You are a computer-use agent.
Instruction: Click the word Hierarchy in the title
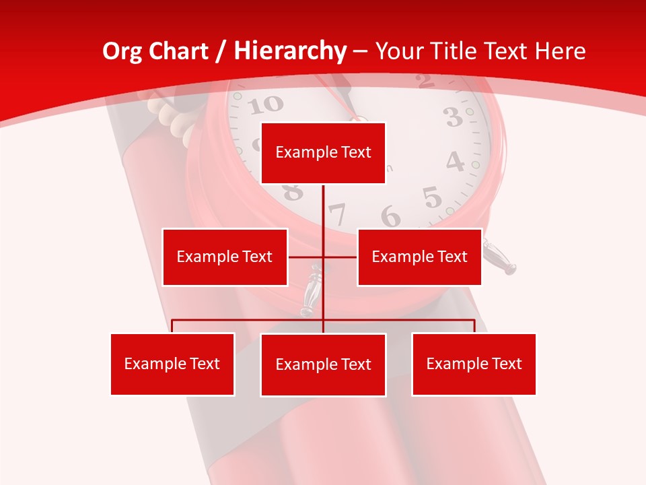(290, 51)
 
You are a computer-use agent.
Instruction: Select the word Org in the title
(122, 51)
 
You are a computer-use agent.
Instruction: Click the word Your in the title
(397, 51)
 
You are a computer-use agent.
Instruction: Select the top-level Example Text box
(323, 153)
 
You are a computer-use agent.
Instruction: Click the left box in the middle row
(225, 257)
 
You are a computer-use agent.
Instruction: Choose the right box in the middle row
(419, 257)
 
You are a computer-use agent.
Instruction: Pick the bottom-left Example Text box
(172, 364)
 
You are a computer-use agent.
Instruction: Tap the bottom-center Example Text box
(323, 364)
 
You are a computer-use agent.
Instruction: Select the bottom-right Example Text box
(474, 364)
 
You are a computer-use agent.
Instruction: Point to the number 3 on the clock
(454, 118)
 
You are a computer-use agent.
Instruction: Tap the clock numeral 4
(456, 162)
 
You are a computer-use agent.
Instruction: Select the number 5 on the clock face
(432, 198)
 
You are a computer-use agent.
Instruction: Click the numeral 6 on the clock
(390, 217)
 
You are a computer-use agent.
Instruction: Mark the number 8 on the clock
(293, 193)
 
